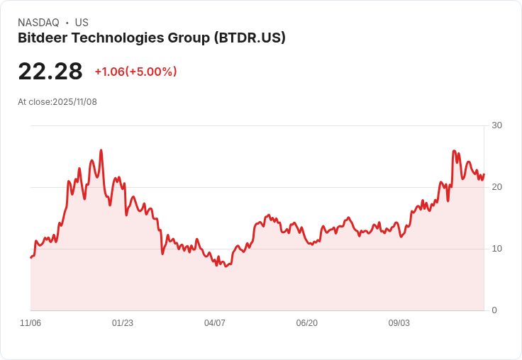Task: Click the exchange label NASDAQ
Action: [38, 23]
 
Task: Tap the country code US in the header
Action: [82, 23]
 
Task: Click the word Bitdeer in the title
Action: [42, 38]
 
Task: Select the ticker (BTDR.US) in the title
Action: [250, 38]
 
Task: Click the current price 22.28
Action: [50, 72]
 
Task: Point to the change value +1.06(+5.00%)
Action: [135, 72]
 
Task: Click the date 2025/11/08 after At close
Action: [74, 102]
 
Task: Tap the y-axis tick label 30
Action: [496, 125]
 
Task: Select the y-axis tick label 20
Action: [496, 187]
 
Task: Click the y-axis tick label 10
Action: [496, 249]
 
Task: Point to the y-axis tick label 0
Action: [494, 310]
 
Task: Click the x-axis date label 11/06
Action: [30, 323]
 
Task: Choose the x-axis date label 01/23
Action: [123, 323]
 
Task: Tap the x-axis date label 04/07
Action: [215, 323]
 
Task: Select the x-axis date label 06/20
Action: [307, 323]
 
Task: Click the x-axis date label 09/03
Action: [399, 323]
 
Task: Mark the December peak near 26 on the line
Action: [101, 150]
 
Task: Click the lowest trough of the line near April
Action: [226, 266]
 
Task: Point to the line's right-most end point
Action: [484, 174]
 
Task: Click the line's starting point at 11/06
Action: [30, 257]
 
